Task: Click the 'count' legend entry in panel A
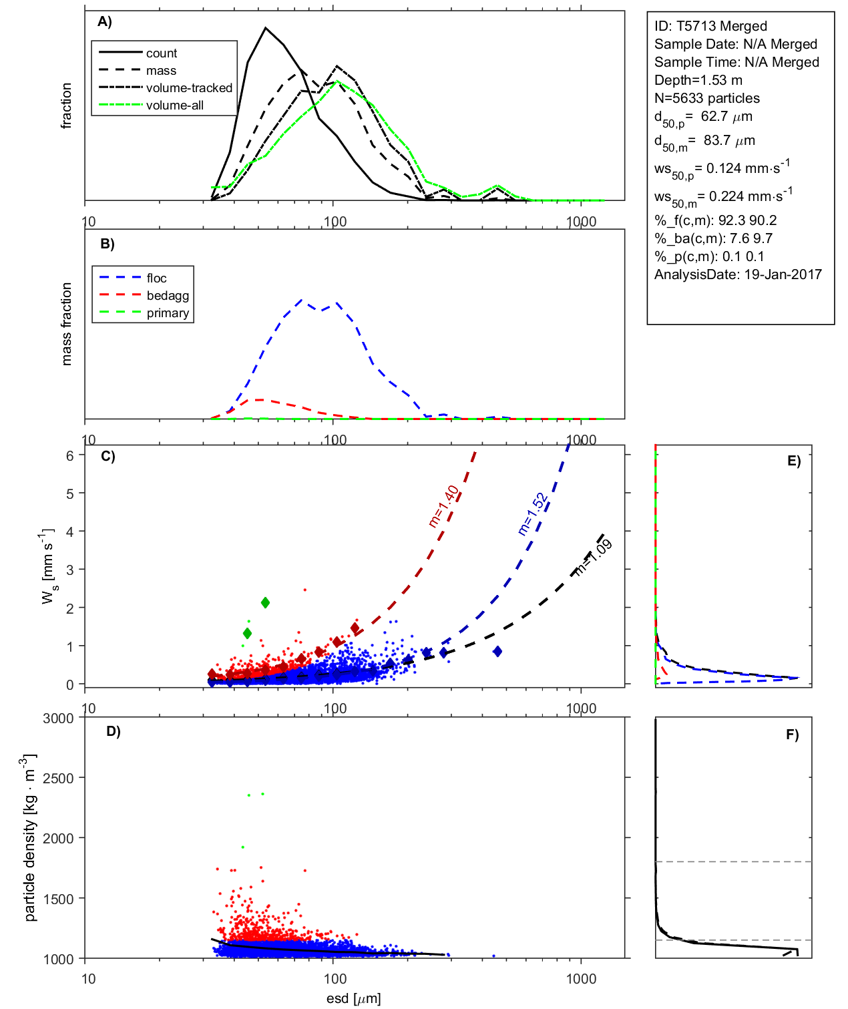162,53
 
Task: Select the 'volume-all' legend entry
175,106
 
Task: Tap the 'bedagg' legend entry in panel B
168,296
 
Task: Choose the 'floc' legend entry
157,278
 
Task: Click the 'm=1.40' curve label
444,506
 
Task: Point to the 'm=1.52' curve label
533,514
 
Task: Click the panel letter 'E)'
793,461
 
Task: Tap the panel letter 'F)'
792,735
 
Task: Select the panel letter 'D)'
114,731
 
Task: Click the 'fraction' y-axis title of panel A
66,106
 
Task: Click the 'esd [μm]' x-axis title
354,998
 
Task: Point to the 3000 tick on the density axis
59,719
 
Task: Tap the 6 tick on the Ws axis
69,455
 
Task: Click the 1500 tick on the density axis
59,899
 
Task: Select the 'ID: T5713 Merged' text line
710,26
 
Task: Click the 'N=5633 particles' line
706,98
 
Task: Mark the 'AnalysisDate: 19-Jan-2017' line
738,274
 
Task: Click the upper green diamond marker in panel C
265,602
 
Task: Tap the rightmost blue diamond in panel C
497,651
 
